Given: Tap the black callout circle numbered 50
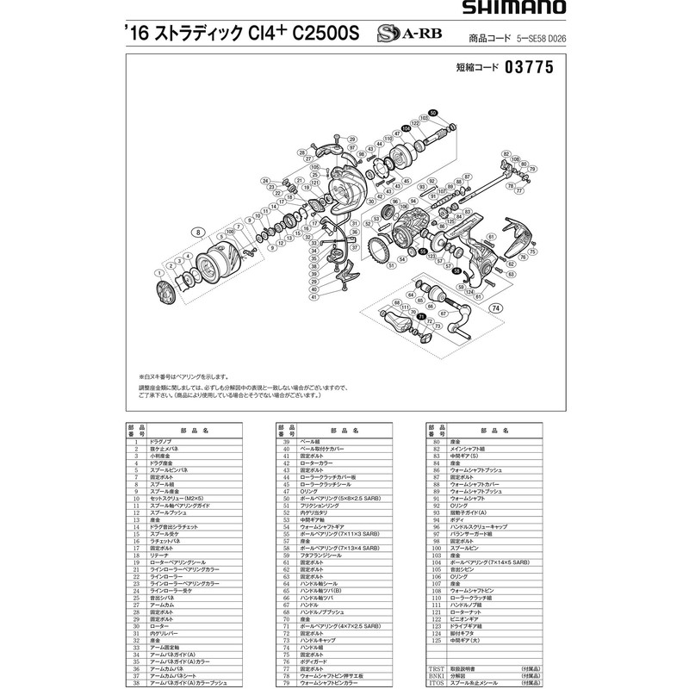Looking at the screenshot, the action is click(432, 111).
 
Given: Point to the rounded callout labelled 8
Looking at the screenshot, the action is click(199, 233).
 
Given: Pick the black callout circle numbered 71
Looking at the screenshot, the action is click(421, 317).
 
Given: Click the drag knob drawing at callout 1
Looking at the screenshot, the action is click(163, 293).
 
